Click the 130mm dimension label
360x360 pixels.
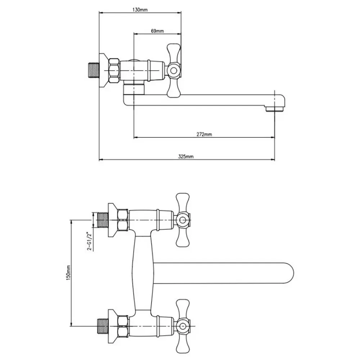(x=140, y=10)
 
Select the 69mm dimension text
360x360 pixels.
(x=157, y=31)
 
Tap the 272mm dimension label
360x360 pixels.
(x=204, y=134)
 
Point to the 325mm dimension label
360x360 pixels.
(x=186, y=157)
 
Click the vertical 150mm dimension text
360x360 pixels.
(x=68, y=272)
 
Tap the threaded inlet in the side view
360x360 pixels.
(x=94, y=70)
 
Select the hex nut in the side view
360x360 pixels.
(x=114, y=71)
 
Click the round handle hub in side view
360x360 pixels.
(x=174, y=70)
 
